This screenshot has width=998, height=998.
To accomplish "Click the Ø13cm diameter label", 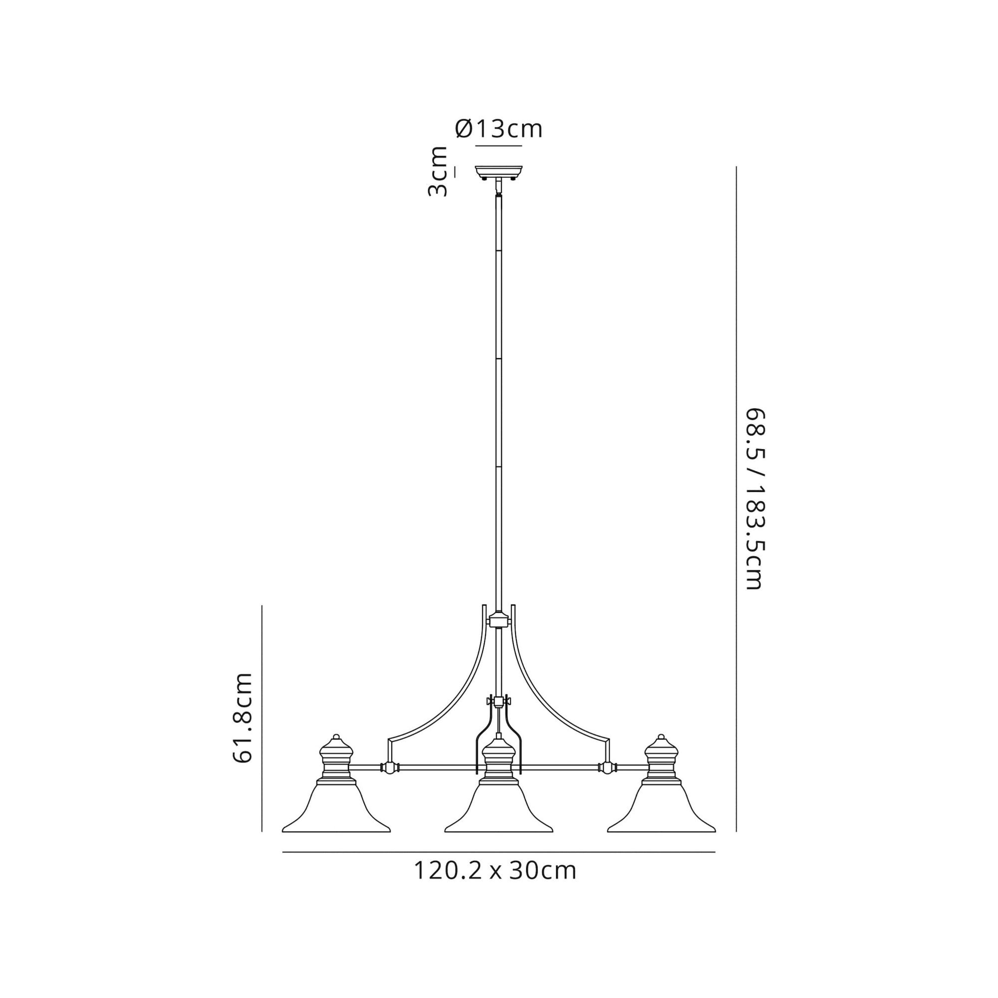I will (x=499, y=129).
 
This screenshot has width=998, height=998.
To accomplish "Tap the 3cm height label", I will (x=438, y=172).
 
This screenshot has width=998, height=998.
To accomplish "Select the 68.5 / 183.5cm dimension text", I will (x=754, y=499).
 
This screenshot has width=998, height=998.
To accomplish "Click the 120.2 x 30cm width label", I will (x=495, y=871).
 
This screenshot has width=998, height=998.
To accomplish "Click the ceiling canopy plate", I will (x=499, y=171).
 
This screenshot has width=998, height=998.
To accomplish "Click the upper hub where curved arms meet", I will (x=499, y=620).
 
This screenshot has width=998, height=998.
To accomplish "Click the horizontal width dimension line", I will (x=499, y=852).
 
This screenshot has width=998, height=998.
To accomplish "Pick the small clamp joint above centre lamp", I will (x=499, y=702).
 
